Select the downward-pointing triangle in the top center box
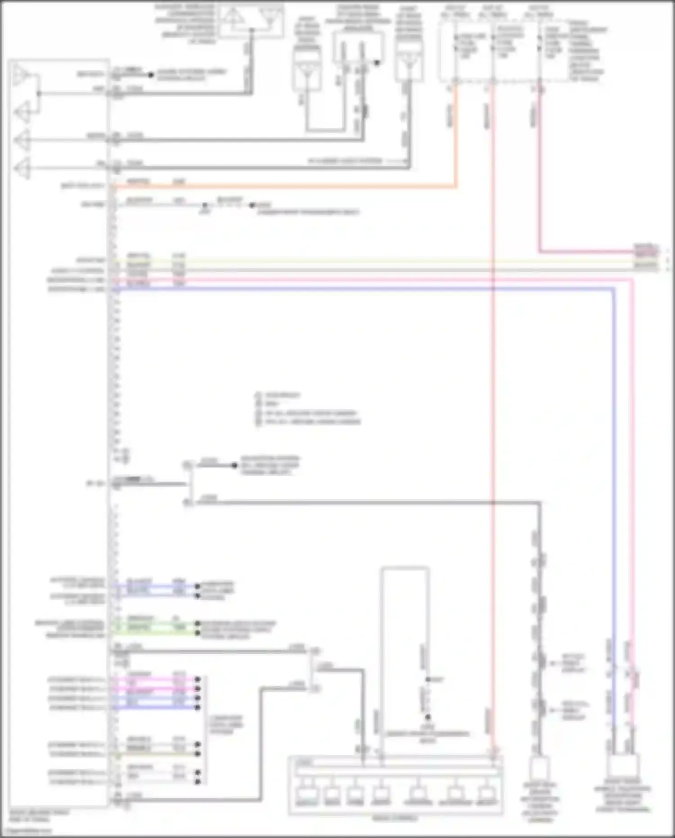[x=269, y=17]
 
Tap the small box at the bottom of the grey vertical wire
[x=540, y=768]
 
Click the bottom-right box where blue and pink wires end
[x=623, y=766]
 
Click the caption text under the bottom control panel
[x=395, y=818]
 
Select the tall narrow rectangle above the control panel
[x=405, y=639]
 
